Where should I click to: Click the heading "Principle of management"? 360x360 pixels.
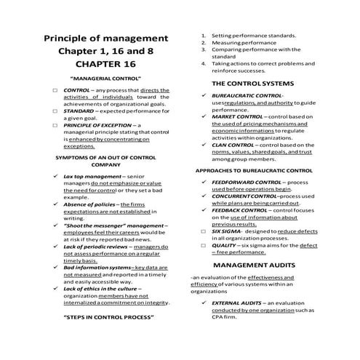[x=106, y=38]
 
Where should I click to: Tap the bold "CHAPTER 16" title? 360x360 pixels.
[x=106, y=65]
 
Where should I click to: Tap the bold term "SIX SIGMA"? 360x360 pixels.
[x=228, y=231]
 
